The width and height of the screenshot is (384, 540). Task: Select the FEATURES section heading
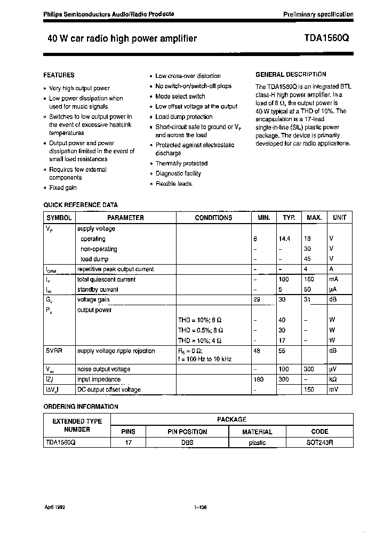(x=59, y=75)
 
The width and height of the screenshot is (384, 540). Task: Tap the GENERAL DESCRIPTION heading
(x=291, y=75)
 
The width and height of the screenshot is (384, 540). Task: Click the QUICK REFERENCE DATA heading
(x=81, y=205)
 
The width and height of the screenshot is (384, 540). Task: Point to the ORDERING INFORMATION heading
(x=81, y=407)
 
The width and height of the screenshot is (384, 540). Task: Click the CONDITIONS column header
(x=213, y=218)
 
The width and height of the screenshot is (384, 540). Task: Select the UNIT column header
(x=339, y=218)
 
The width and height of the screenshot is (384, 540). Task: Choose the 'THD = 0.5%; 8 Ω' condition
(x=199, y=330)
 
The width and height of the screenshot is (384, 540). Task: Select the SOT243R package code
(x=319, y=443)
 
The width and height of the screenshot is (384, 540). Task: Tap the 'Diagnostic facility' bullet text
(x=178, y=173)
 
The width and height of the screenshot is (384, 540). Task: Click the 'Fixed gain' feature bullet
(x=63, y=188)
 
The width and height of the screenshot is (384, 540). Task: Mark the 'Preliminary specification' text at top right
(x=318, y=14)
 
